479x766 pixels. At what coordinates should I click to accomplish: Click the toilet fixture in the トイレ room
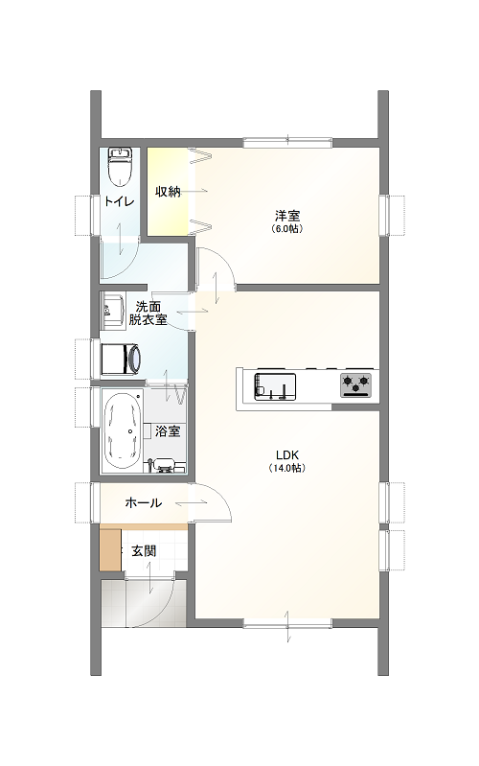[120, 167]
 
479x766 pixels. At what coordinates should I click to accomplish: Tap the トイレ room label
[119, 201]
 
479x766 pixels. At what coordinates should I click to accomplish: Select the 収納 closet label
[168, 192]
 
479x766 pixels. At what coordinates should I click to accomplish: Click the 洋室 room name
[287, 216]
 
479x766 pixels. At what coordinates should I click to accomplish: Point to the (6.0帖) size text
[287, 228]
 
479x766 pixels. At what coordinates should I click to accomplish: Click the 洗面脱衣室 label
[148, 313]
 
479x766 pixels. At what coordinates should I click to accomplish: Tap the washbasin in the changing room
[112, 311]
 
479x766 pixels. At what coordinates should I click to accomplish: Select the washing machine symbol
[121, 360]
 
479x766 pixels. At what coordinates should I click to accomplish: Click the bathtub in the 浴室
[123, 431]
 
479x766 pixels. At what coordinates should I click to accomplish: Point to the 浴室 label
[168, 431]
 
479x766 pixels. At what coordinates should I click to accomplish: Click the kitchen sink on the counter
[274, 387]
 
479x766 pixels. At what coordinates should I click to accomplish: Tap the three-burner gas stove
[356, 385]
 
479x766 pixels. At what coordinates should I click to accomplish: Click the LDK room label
[287, 455]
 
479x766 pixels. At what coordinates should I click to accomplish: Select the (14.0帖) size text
[287, 468]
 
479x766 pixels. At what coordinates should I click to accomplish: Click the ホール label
[144, 502]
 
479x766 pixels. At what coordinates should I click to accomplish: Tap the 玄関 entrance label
[144, 551]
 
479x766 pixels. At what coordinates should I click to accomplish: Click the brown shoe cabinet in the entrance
[110, 550]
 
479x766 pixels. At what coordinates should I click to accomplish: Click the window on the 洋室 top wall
[287, 143]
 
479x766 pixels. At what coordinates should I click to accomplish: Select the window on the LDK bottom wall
[287, 623]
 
